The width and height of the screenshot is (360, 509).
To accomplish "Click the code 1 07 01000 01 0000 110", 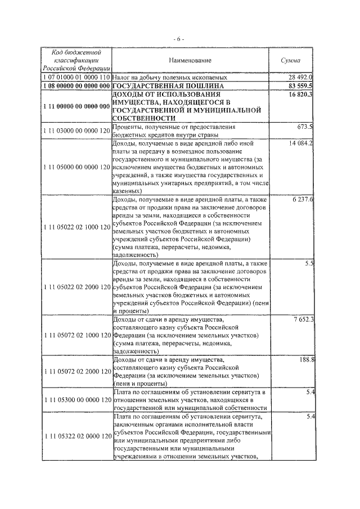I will tap(76, 76).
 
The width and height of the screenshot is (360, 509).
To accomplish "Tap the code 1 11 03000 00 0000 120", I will tap(76, 131).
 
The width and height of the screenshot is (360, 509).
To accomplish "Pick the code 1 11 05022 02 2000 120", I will tap(76, 287).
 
